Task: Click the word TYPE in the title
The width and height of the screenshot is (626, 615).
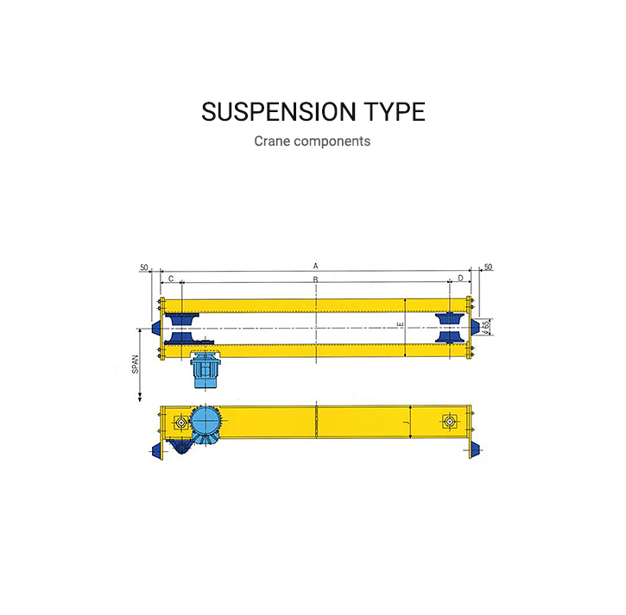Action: pyautogui.click(x=393, y=112)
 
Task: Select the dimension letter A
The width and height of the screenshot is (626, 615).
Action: pyautogui.click(x=316, y=265)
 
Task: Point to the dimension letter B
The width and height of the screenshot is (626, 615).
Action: pyautogui.click(x=316, y=279)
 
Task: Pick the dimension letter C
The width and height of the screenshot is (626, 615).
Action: pyautogui.click(x=171, y=279)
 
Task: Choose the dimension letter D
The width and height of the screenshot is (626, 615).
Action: pyautogui.click(x=459, y=279)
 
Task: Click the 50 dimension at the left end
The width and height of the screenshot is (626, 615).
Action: pyautogui.click(x=143, y=267)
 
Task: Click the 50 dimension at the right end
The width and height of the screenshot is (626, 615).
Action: pyautogui.click(x=488, y=267)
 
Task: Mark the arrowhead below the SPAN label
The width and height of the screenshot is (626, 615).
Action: pyautogui.click(x=138, y=398)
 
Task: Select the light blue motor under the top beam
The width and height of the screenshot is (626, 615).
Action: pyautogui.click(x=207, y=370)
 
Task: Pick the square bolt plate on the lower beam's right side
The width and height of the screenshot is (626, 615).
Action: pyautogui.click(x=447, y=422)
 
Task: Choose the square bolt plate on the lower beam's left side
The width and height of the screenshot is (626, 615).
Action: pyautogui.click(x=180, y=422)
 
